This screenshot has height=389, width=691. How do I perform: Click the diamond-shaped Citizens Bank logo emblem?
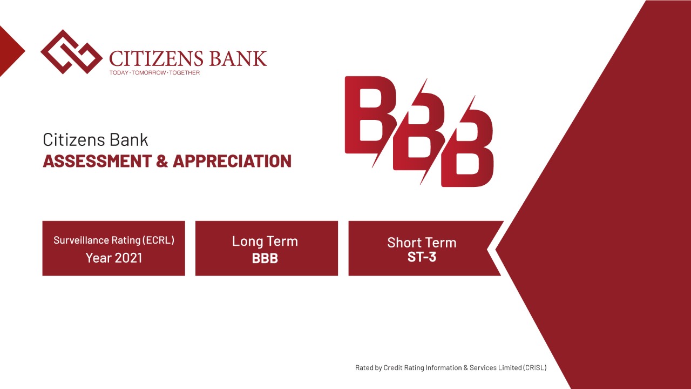pos(72,52)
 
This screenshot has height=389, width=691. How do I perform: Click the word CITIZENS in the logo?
pos(156,58)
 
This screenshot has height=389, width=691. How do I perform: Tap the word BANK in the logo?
pos(238,58)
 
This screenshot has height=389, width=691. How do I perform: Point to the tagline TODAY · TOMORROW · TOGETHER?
pos(154,72)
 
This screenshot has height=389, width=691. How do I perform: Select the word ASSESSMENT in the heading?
pos(98,161)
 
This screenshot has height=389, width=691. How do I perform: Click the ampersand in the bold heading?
pos(162,161)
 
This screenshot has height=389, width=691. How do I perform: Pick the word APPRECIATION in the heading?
pos(232,161)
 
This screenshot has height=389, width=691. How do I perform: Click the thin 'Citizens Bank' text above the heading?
pos(96,140)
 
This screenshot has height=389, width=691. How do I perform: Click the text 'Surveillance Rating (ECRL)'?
pos(114,240)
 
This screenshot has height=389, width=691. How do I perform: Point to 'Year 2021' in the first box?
pos(114,258)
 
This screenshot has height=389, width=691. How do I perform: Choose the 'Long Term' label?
pos(265,242)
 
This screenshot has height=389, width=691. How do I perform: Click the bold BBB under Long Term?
pos(265,258)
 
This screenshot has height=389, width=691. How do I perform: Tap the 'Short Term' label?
pos(422,243)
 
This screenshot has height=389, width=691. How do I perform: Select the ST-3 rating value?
pos(422,257)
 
